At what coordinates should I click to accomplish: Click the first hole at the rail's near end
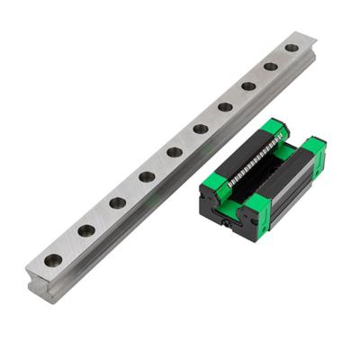(54, 260)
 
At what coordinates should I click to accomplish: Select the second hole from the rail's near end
(86, 230)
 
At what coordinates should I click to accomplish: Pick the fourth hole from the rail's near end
(147, 176)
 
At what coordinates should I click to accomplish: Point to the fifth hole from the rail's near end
(175, 152)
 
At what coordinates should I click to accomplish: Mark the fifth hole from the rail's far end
(201, 129)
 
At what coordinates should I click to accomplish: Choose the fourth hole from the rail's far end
(225, 106)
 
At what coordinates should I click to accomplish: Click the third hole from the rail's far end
(248, 85)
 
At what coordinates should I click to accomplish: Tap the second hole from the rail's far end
(271, 66)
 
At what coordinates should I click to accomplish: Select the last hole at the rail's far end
(292, 48)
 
